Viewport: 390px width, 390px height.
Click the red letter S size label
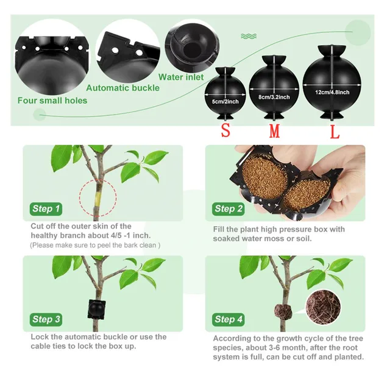coord(225,130)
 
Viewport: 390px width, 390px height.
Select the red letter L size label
coord(335,132)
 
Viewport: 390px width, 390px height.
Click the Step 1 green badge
coord(46,209)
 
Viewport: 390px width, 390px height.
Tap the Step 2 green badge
coord(229,209)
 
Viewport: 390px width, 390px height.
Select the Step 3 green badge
coord(46,319)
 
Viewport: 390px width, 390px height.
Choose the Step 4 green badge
coord(229,319)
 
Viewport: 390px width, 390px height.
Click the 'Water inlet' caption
coord(182,77)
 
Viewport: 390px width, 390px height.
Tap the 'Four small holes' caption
coord(52,101)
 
